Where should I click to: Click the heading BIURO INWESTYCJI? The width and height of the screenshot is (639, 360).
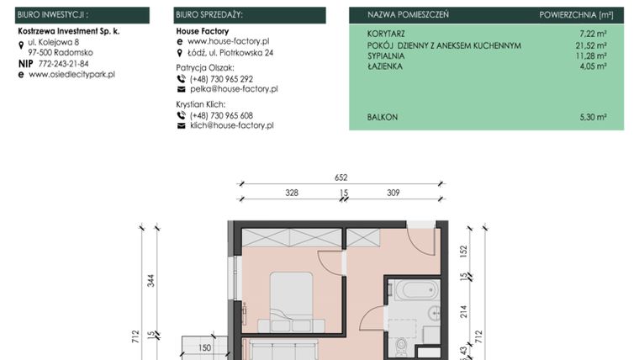53,15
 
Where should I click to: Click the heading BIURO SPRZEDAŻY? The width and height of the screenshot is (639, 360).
209,15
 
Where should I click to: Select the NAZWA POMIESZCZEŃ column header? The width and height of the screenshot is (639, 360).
408,15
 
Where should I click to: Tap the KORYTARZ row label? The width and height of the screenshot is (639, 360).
386,34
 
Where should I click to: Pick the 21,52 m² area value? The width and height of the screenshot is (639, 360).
590,45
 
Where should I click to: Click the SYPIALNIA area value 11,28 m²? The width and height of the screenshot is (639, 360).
590,56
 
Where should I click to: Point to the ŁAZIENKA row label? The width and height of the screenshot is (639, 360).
385,66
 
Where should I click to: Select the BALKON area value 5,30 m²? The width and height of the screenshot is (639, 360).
592,118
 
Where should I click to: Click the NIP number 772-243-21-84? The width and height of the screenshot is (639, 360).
63,63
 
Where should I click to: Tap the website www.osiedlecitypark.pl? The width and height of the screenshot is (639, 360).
71,74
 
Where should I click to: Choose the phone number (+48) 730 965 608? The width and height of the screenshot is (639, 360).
221,115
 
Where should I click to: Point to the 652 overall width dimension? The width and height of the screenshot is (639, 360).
341,177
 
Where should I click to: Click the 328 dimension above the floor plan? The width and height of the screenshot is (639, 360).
291,193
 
